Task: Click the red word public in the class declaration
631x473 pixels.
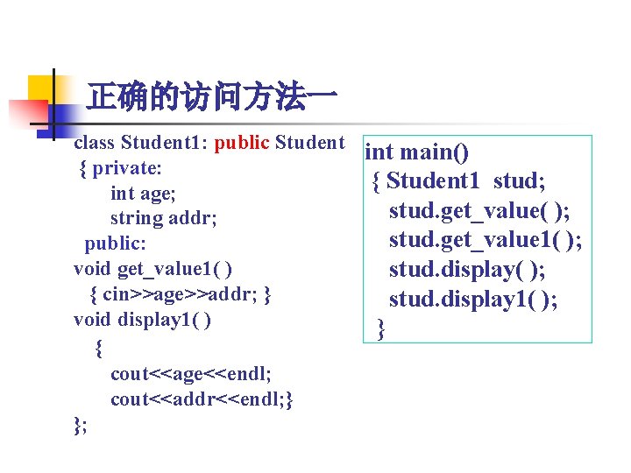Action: point(242,142)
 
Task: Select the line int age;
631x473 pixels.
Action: point(145,193)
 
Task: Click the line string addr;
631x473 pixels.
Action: point(163,218)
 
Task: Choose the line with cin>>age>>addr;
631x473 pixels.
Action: point(181,294)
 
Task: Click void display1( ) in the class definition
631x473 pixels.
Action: point(142,320)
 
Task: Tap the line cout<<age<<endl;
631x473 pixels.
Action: point(191,374)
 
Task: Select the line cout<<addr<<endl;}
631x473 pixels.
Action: point(202,399)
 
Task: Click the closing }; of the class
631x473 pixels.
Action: point(81,426)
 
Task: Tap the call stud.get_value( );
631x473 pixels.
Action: point(479,211)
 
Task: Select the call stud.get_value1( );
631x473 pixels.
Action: point(486,241)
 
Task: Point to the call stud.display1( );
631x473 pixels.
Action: point(473,300)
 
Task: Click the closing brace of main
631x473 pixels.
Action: point(380,328)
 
